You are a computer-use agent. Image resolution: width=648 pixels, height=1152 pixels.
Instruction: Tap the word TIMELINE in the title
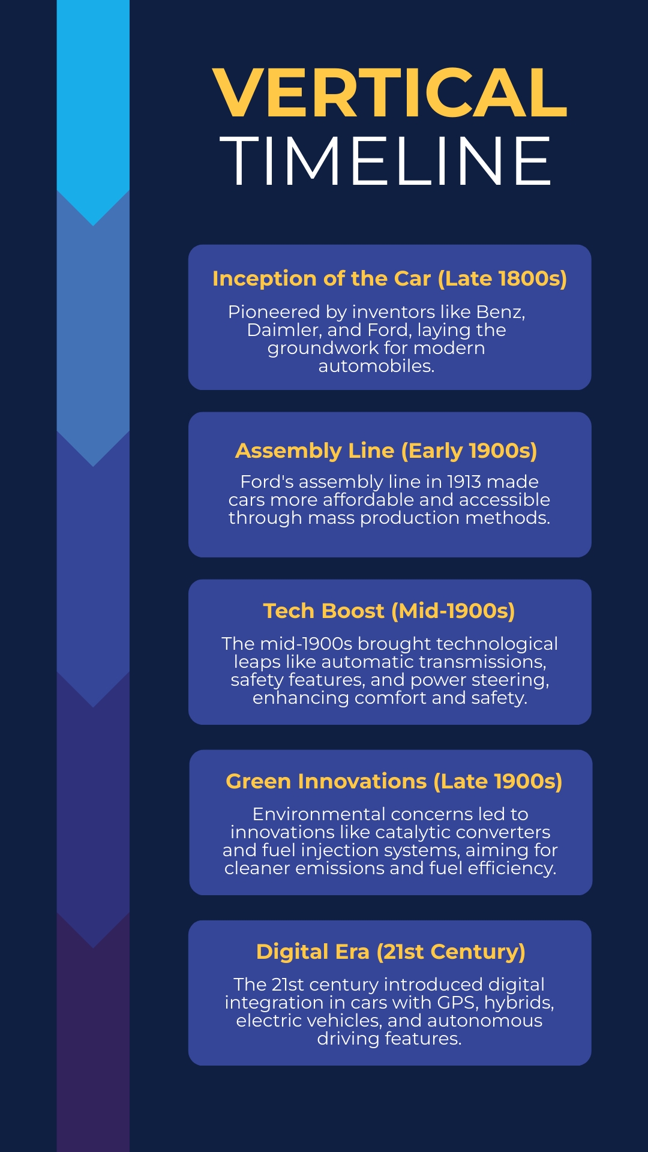tap(385, 160)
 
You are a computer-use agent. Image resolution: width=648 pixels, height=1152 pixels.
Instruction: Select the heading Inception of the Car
tap(322, 278)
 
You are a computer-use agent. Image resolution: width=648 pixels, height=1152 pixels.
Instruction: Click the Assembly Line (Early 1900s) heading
tap(386, 451)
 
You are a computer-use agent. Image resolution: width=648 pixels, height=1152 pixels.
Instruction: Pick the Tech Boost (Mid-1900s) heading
tap(389, 611)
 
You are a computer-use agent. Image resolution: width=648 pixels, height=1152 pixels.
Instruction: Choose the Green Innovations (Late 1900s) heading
tap(394, 781)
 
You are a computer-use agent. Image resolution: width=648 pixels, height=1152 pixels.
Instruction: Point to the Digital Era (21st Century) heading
tap(391, 952)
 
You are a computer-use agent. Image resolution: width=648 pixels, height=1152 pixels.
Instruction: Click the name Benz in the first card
tap(500, 312)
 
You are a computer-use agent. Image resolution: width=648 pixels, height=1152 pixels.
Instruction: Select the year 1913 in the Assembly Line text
tap(471, 482)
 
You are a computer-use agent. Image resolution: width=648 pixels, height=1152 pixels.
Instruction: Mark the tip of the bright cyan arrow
tap(93, 226)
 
